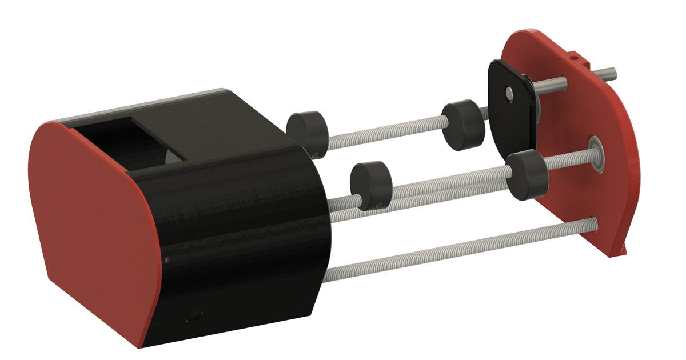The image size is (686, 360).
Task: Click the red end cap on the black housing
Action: [91, 229]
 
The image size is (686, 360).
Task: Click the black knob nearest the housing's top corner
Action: [306, 131]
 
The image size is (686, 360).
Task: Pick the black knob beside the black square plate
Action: [461, 125]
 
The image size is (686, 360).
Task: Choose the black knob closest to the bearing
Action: [527, 175]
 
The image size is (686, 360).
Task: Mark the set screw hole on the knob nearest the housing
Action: [315, 153]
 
